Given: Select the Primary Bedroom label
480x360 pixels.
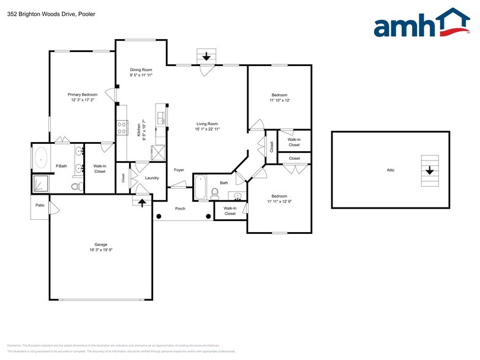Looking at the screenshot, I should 83,94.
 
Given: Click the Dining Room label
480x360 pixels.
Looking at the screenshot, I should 140,70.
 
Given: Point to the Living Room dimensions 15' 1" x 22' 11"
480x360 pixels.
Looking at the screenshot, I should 207,129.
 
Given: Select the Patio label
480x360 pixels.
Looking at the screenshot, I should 40,205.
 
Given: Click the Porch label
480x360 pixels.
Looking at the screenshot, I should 180,208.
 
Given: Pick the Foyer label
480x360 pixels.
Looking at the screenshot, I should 179,170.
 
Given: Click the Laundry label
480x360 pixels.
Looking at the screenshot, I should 152,178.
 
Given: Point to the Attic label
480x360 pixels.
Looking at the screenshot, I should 390,170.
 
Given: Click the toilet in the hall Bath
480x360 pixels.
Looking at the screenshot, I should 215,193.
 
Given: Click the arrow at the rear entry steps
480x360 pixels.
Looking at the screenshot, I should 206,56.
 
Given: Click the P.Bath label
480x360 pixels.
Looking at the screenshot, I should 61,167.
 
